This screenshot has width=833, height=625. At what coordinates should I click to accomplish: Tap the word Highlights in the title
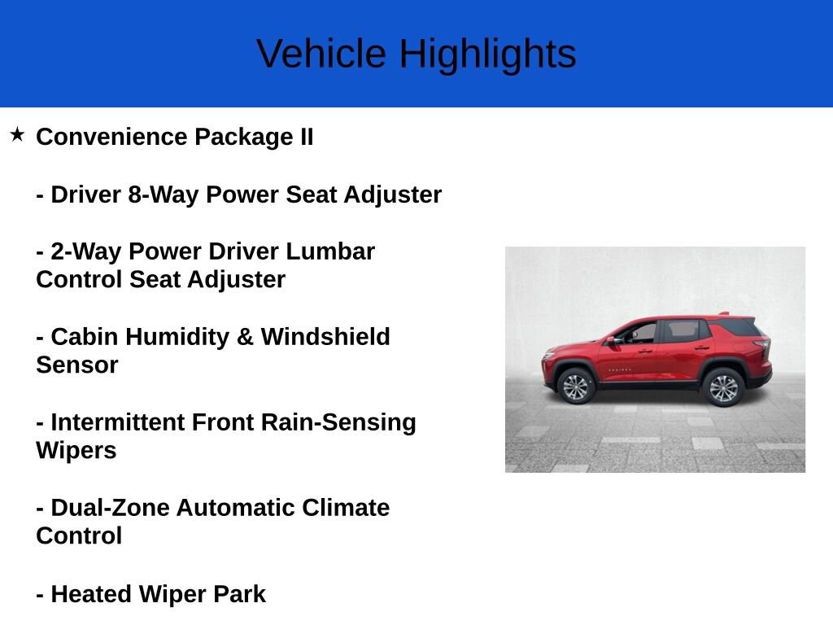click(488, 55)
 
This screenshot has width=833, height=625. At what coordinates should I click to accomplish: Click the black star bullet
click(17, 134)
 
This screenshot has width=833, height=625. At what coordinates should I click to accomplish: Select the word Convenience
click(111, 137)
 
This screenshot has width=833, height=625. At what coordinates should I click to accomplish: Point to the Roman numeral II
click(307, 137)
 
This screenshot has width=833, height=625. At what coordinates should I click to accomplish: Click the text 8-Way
click(163, 194)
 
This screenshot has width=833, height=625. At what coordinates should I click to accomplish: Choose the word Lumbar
click(330, 251)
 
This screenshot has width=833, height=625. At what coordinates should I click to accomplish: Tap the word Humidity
click(177, 337)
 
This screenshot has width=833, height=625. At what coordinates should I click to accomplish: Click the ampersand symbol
click(244, 337)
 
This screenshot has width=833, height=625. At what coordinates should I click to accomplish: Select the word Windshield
click(325, 337)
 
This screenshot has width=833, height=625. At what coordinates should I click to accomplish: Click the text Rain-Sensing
click(338, 422)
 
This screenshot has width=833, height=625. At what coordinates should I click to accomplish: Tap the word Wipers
click(76, 451)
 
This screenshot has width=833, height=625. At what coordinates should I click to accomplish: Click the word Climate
click(346, 508)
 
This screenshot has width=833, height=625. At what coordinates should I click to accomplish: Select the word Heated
click(91, 593)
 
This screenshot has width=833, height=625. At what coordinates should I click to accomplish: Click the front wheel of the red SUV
click(576, 387)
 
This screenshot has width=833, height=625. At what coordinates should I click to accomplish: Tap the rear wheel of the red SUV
click(723, 387)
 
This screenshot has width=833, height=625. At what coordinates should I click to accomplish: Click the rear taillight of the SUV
click(763, 345)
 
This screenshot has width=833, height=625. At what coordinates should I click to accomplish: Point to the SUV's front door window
click(639, 333)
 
